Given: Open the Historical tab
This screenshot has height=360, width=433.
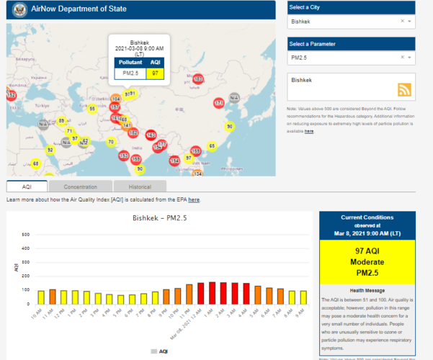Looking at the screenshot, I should pos(140,186).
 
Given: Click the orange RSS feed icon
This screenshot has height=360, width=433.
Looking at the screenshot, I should pos(405,89).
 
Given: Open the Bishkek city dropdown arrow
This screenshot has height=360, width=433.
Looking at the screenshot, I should pos(409,22).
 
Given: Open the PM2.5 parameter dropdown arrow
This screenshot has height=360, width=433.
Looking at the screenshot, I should pos(409,56).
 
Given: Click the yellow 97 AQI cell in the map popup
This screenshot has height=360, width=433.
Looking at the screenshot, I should pos(155,73).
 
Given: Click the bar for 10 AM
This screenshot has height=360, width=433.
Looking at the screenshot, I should pos(40,297).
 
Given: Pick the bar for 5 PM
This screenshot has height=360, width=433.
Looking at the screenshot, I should pos(121,300).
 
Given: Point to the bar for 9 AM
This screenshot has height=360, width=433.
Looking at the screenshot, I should pos(303,297).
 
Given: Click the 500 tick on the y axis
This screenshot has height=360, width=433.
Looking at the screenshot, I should pos(26,235).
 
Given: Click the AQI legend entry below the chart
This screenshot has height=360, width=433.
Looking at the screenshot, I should pos(160,351).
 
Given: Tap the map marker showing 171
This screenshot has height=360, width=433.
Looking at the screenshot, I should pos(219,104).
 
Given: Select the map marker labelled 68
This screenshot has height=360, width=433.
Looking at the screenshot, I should pos(36,163).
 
